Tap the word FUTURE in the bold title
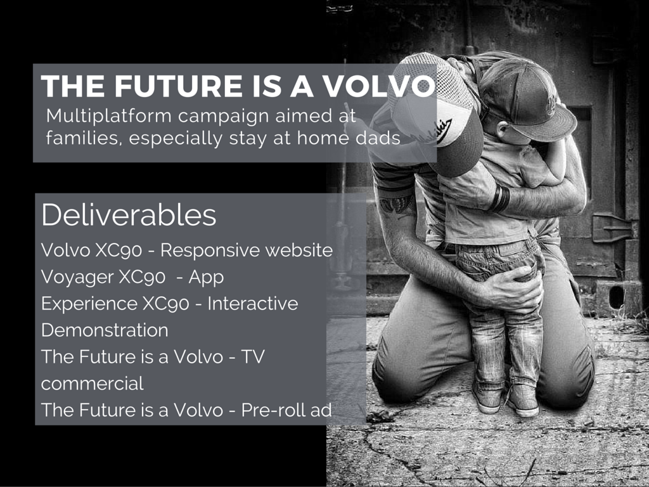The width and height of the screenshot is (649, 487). point(178,86)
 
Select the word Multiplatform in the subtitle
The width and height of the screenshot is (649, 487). point(109,117)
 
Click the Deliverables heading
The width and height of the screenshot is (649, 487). point(129,215)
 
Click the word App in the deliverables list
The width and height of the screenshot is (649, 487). point(206,278)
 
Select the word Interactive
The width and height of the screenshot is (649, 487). point(252,304)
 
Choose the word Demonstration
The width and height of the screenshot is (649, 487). point(105,330)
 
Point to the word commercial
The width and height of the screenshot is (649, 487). point(93,384)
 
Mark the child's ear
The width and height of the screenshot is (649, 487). point(503,132)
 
